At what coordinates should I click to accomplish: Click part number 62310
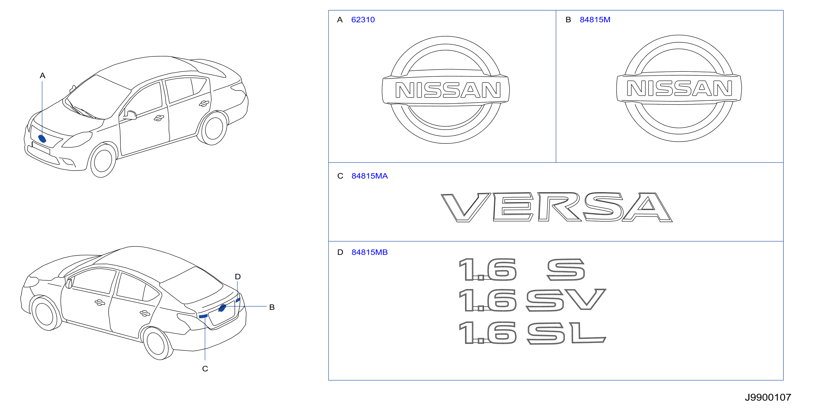pos(363,20)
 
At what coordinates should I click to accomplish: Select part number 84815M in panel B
pos(595,20)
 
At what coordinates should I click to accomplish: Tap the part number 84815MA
pos(369,176)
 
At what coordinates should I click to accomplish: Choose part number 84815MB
pos(369,252)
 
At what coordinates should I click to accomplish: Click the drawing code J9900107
pos(768,397)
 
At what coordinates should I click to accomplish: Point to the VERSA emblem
pos(557,207)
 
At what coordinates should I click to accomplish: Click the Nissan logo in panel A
pos(446,90)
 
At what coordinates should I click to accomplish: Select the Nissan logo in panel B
pos(679,88)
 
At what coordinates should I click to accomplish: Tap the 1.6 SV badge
pos(532,300)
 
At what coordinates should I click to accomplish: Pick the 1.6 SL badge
pos(532,333)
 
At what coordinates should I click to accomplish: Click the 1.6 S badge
pos(522,270)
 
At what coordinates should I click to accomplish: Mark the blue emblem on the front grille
pos(42,138)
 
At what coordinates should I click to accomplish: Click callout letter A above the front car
pos(43,76)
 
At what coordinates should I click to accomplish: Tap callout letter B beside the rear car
pos(272,307)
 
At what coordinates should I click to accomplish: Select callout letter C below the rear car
pos(205,369)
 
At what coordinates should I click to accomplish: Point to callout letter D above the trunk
pos(238,277)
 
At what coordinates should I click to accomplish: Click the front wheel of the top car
pos(103,161)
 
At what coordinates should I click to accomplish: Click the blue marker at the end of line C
pos(203,316)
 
